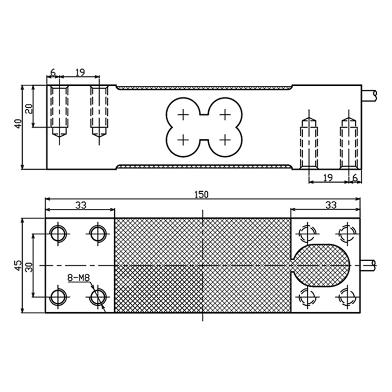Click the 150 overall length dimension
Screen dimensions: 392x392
tap(201, 195)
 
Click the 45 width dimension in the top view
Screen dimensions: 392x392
tap(18, 265)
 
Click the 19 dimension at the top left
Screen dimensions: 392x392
tap(80, 73)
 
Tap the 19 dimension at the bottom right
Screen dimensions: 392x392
tap(328, 177)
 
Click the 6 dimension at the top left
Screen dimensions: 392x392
tap(53, 73)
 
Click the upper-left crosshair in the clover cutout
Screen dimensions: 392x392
tap(183, 115)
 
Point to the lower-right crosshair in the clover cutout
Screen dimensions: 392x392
tap(224, 140)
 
